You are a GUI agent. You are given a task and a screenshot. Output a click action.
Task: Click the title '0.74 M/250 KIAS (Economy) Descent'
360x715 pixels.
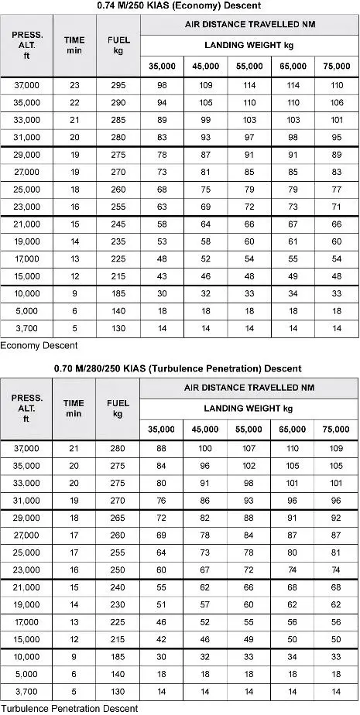click(x=180, y=7)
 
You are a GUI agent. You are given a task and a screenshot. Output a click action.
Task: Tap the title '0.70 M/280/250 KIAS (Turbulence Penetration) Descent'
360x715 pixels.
click(x=180, y=368)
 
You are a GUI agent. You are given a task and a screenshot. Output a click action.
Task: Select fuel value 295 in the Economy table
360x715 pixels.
click(x=118, y=84)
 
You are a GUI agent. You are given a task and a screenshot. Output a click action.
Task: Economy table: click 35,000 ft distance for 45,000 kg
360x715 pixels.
click(x=205, y=103)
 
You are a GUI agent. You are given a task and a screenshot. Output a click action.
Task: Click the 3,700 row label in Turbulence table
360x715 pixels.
click(x=26, y=692)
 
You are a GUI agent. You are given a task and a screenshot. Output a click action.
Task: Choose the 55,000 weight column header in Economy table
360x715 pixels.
click(x=249, y=67)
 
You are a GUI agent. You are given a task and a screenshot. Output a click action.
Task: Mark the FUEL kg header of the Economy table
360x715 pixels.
click(x=118, y=45)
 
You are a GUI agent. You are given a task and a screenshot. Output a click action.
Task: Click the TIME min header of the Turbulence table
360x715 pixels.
click(x=74, y=409)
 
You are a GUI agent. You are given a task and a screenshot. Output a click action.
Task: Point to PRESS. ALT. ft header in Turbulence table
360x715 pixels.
click(x=26, y=409)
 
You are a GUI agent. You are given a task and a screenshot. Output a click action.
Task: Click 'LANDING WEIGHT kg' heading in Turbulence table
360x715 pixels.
click(x=249, y=408)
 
